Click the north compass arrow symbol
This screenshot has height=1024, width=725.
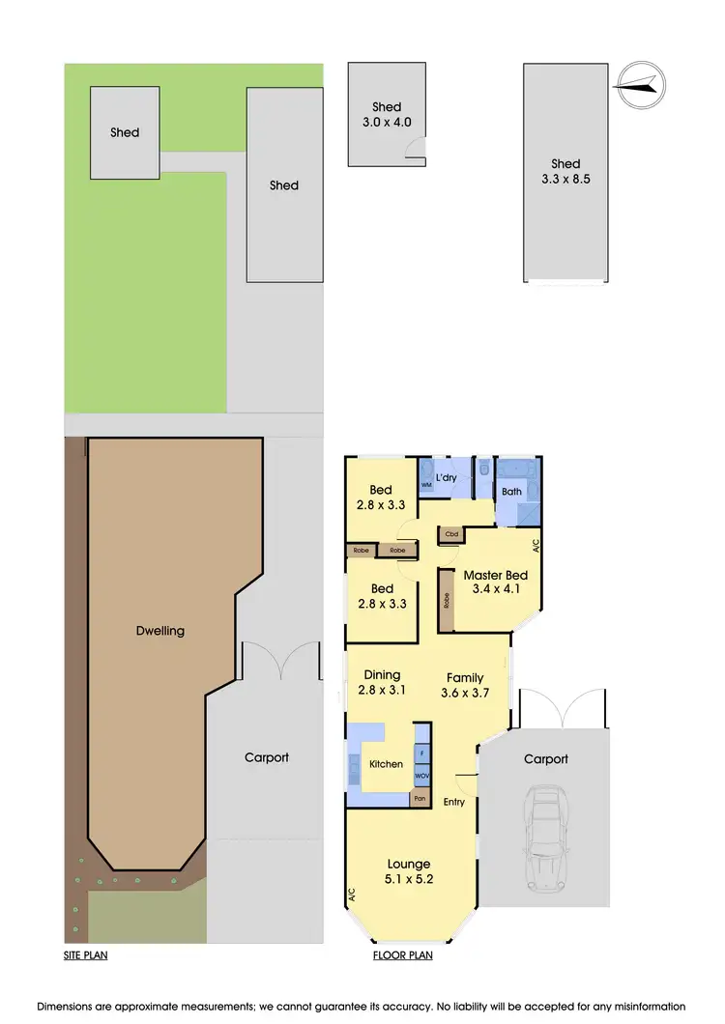[638, 87]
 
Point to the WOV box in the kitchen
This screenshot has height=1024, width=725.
[421, 776]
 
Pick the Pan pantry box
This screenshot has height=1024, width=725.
[420, 799]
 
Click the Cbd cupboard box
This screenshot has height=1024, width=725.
[450, 533]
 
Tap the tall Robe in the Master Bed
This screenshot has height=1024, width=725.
[446, 599]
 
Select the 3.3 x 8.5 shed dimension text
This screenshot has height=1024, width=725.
[565, 179]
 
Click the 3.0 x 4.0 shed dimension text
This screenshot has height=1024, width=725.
[387, 123]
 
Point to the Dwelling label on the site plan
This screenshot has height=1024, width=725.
[160, 631]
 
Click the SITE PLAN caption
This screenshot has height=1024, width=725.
[86, 956]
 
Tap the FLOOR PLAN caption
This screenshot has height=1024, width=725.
[402, 956]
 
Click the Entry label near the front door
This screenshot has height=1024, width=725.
[453, 802]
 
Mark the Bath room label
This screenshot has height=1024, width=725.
[511, 492]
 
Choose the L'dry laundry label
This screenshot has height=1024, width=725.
[447, 478]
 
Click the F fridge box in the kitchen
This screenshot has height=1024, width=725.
[421, 752]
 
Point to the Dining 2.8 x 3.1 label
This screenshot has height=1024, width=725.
[382, 682]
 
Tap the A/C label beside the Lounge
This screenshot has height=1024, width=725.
[352, 896]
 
